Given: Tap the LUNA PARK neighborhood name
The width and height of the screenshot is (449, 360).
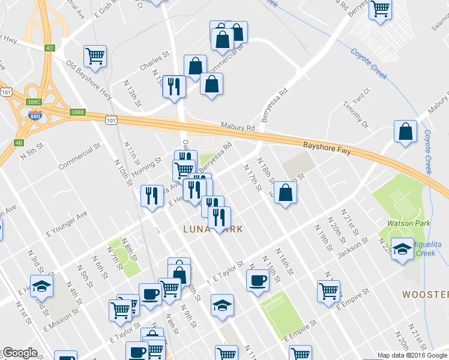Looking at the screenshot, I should click(213, 229).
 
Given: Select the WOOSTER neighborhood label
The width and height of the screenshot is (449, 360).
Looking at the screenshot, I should click(425, 295).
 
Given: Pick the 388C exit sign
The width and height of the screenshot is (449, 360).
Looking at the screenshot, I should click(34, 103).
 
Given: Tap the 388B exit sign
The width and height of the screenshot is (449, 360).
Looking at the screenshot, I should click(77, 112).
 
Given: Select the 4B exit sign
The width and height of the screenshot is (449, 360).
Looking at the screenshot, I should click(18, 143).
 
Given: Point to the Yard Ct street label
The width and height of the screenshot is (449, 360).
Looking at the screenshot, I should click(361, 94).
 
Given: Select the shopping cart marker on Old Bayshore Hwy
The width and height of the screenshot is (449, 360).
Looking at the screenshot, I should click(95, 56).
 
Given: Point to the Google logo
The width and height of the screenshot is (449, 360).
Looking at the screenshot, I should click(19, 353).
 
